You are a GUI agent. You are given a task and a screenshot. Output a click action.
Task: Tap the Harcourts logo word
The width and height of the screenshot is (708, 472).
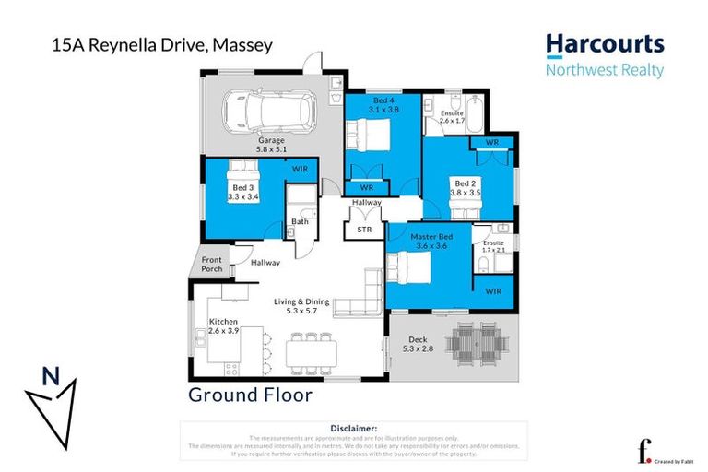point(604,44)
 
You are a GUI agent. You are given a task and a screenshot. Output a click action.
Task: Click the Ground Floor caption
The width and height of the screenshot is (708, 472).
point(250,395)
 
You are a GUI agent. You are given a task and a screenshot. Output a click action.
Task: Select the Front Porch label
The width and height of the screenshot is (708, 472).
point(213,264)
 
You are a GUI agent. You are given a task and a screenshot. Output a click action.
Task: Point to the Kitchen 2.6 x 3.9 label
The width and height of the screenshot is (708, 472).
point(223,326)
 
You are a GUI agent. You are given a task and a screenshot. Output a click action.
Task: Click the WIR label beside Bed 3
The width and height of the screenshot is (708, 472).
point(300,169)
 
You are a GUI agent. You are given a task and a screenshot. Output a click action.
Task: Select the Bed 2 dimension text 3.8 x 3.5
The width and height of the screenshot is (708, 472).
point(466,193)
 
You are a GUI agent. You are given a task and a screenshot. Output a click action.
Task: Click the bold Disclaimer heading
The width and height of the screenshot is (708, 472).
point(353,429)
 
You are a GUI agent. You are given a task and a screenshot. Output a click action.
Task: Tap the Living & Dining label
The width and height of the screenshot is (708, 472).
point(304,306)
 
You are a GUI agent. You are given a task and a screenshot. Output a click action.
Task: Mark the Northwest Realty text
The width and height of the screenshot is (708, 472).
point(604,70)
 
